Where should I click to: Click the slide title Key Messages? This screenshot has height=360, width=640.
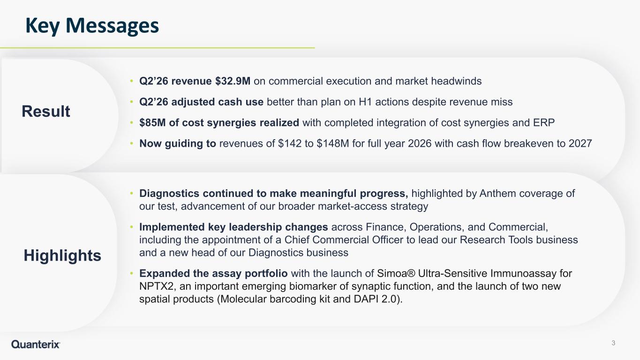(x=92, y=26)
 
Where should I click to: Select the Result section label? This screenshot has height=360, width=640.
(x=46, y=111)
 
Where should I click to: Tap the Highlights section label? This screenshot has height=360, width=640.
(x=62, y=255)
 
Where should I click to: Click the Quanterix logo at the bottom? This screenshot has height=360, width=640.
(x=36, y=344)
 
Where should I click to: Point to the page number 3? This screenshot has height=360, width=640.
(x=613, y=343)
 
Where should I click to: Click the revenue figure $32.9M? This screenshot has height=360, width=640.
(x=233, y=81)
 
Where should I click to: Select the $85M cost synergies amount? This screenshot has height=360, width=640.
(x=152, y=122)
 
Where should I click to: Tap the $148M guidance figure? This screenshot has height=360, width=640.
(x=333, y=143)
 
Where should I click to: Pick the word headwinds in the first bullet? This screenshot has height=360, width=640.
(x=456, y=81)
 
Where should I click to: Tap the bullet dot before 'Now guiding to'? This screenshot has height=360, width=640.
(x=131, y=143)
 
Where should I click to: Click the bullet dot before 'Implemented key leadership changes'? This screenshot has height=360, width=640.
(x=131, y=227)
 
